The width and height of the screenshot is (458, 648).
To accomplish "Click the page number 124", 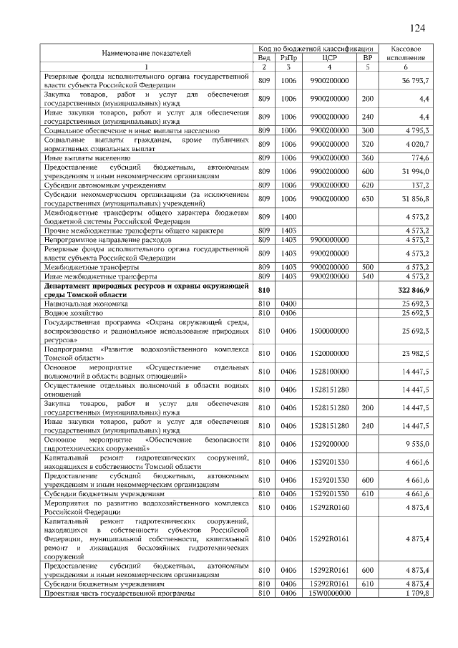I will [417, 28].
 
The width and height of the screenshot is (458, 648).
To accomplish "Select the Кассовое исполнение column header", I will [406, 52].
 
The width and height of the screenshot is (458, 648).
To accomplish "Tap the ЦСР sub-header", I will [329, 57].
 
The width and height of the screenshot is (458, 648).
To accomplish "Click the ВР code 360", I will [368, 157].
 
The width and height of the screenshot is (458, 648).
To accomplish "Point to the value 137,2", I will [419, 184].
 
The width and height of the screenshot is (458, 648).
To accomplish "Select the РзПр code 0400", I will [288, 304].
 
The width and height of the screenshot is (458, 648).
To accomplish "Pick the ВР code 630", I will [368, 198].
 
